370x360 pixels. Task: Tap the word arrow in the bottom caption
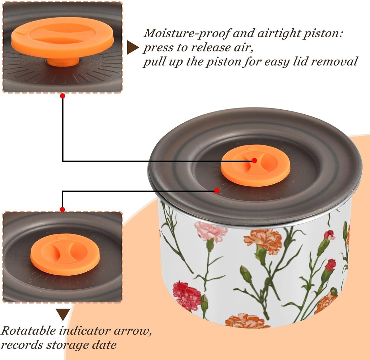point(132,331)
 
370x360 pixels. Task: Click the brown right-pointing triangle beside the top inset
point(132,47)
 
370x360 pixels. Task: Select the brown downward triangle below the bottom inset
point(63,314)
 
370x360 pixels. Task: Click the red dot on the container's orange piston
point(254,160)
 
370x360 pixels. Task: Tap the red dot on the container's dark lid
point(217,190)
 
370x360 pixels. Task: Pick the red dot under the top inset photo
point(63,96)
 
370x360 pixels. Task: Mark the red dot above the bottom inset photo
point(62,209)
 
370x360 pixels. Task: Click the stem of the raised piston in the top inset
point(63,62)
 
